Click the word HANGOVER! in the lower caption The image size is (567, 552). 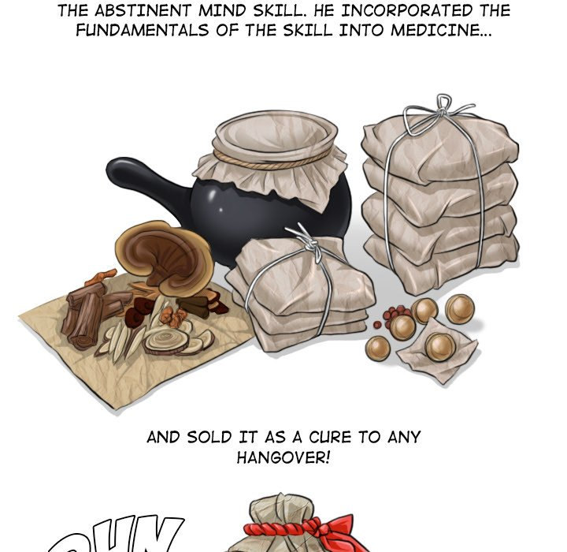point(283,457)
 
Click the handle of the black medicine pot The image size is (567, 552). point(142,180)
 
